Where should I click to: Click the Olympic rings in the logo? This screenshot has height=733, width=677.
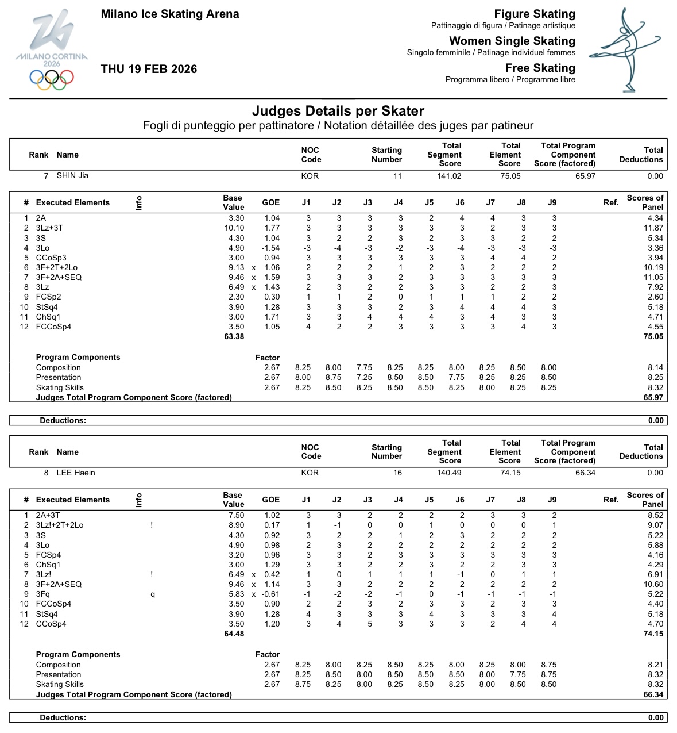[52, 79]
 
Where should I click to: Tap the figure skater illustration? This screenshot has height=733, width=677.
[625, 50]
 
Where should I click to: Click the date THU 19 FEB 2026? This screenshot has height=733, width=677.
[149, 69]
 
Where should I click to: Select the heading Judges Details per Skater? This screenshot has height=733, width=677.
[338, 111]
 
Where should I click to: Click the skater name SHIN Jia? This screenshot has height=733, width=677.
[72, 176]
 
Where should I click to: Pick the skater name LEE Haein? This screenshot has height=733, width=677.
[76, 473]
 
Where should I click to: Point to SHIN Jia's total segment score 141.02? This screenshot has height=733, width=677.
[449, 176]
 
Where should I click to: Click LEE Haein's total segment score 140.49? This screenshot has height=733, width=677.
[449, 473]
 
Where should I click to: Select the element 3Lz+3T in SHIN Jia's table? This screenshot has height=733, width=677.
[49, 228]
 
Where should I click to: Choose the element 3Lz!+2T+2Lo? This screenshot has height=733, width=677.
[60, 525]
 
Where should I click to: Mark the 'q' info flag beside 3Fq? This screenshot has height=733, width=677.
[152, 594]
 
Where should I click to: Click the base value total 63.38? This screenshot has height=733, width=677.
[234, 337]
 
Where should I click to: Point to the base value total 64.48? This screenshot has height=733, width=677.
[234, 634]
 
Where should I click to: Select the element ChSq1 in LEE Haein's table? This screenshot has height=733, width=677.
[48, 565]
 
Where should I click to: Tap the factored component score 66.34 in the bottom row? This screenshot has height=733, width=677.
[653, 694]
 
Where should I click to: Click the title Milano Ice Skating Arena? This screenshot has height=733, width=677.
[170, 14]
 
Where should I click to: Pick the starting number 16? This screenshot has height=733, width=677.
[397, 473]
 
